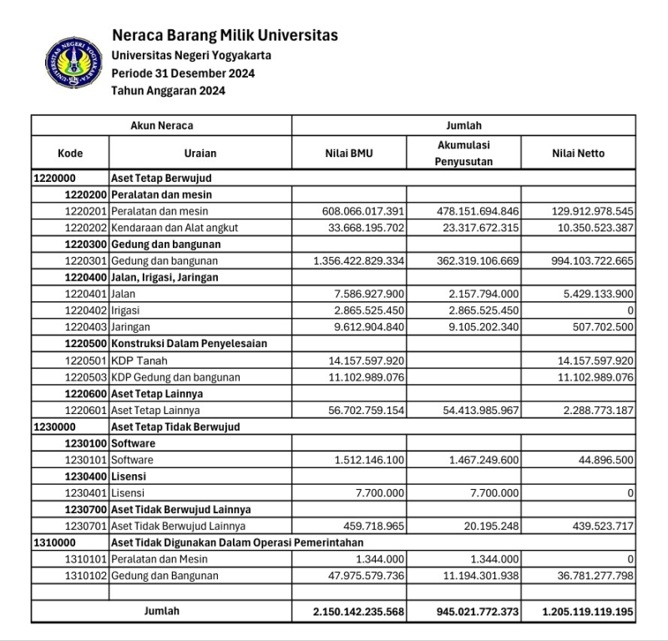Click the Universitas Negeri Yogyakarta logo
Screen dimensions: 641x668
click(x=74, y=63)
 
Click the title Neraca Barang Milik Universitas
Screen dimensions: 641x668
click(x=225, y=35)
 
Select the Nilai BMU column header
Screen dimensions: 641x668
click(x=349, y=154)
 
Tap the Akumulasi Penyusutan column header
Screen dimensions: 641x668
click(x=464, y=154)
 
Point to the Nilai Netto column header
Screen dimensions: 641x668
click(x=578, y=154)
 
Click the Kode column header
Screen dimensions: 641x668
click(x=70, y=154)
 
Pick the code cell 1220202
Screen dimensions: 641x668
click(x=85, y=228)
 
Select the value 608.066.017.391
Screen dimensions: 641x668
click(x=362, y=211)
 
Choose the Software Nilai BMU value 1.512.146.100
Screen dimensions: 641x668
click(x=369, y=460)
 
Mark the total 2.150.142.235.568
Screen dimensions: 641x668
click(x=359, y=612)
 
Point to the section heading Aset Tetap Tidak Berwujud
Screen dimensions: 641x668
click(x=175, y=426)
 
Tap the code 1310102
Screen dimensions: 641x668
click(x=85, y=576)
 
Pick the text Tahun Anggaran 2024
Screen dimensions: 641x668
click(x=169, y=91)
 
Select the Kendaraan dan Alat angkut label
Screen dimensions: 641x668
click(x=175, y=228)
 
